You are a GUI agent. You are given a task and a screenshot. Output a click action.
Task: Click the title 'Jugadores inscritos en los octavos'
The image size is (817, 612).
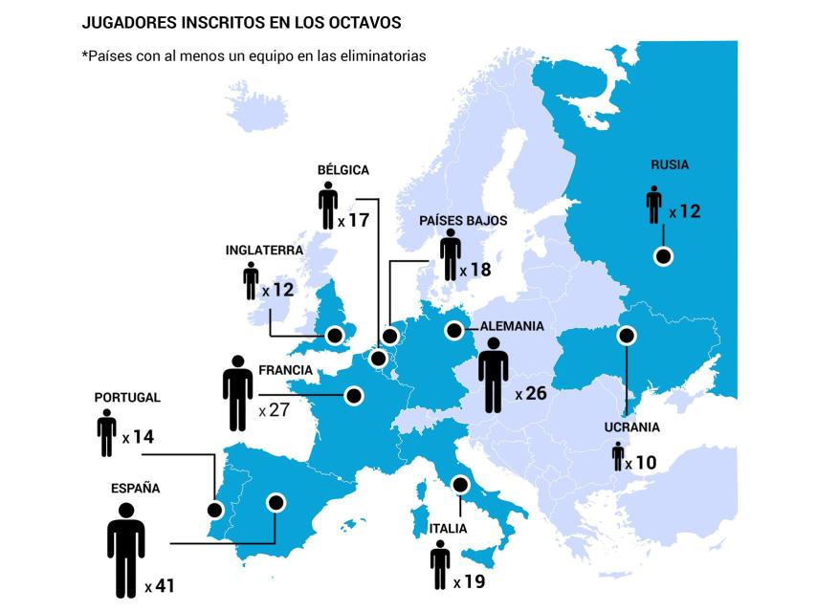point(241,22)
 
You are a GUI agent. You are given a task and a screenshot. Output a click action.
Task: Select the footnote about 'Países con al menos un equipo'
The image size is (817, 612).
point(254,55)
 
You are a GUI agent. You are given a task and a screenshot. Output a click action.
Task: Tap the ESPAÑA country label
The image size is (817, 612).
point(135,488)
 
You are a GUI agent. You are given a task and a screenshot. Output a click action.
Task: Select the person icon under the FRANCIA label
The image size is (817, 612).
point(237,393)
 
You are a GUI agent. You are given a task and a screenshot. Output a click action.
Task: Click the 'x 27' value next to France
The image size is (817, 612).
point(274,410)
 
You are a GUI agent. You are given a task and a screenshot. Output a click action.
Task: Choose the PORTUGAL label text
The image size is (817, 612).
point(127,397)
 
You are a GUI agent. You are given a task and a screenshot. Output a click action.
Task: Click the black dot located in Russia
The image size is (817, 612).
point(662,255)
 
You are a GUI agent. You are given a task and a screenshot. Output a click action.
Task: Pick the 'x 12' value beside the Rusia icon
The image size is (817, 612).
point(685,211)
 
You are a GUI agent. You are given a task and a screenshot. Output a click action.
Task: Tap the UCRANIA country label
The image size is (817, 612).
point(632,427)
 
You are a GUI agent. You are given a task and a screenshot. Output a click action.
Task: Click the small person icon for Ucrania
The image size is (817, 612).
point(618,457)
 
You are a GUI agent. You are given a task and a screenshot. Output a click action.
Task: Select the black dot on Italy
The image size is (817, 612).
point(461,484)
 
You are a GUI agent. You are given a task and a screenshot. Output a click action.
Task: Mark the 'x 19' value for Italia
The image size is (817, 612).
point(470,581)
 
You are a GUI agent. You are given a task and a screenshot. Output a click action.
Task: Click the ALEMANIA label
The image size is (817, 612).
point(512,326)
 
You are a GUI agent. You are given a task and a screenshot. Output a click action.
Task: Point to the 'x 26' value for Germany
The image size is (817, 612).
point(531,393)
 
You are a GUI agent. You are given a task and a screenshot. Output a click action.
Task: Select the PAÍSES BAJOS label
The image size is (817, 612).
point(463,220)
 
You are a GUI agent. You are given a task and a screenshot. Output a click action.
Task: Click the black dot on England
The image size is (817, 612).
point(335,335)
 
